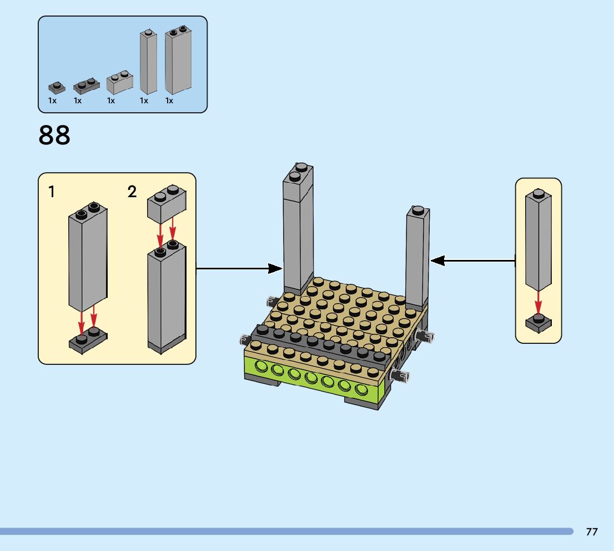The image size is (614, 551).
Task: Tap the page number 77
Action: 592,532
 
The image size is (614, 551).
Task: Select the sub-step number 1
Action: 52,192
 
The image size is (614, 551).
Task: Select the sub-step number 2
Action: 132,192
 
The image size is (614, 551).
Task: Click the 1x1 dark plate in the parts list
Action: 56,87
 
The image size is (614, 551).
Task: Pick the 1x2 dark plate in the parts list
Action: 86,85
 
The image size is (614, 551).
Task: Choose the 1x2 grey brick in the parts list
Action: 120,82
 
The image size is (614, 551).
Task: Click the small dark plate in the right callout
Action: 538,323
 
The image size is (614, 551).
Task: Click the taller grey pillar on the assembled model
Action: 298,228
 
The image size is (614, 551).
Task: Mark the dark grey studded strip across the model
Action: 316,344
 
